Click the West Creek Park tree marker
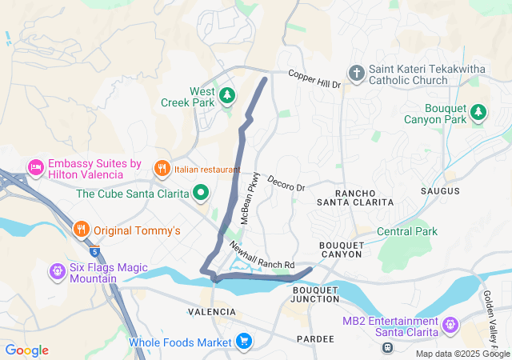[227, 96]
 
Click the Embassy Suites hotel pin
[35, 168]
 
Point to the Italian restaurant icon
[162, 169]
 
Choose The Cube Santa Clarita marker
[200, 193]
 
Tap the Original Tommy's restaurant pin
[81, 230]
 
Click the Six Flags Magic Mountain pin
[57, 271]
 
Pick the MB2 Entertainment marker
[450, 326]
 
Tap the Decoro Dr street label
[286, 183]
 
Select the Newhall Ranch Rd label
[262, 255]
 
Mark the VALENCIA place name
[211, 310]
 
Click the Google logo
[26, 350]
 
